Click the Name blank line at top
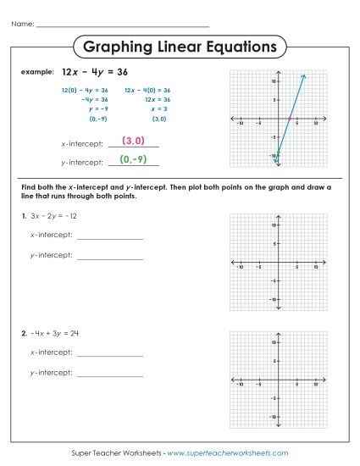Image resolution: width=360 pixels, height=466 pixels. tap(123, 26)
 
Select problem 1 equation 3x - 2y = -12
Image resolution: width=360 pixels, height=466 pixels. tap(55, 218)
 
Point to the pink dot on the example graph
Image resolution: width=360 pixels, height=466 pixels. tap(290, 119)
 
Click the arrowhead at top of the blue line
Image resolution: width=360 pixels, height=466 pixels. tap(303, 76)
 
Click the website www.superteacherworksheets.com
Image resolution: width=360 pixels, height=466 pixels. tap(228, 453)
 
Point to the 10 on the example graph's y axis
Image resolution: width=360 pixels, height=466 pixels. tap(274, 82)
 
